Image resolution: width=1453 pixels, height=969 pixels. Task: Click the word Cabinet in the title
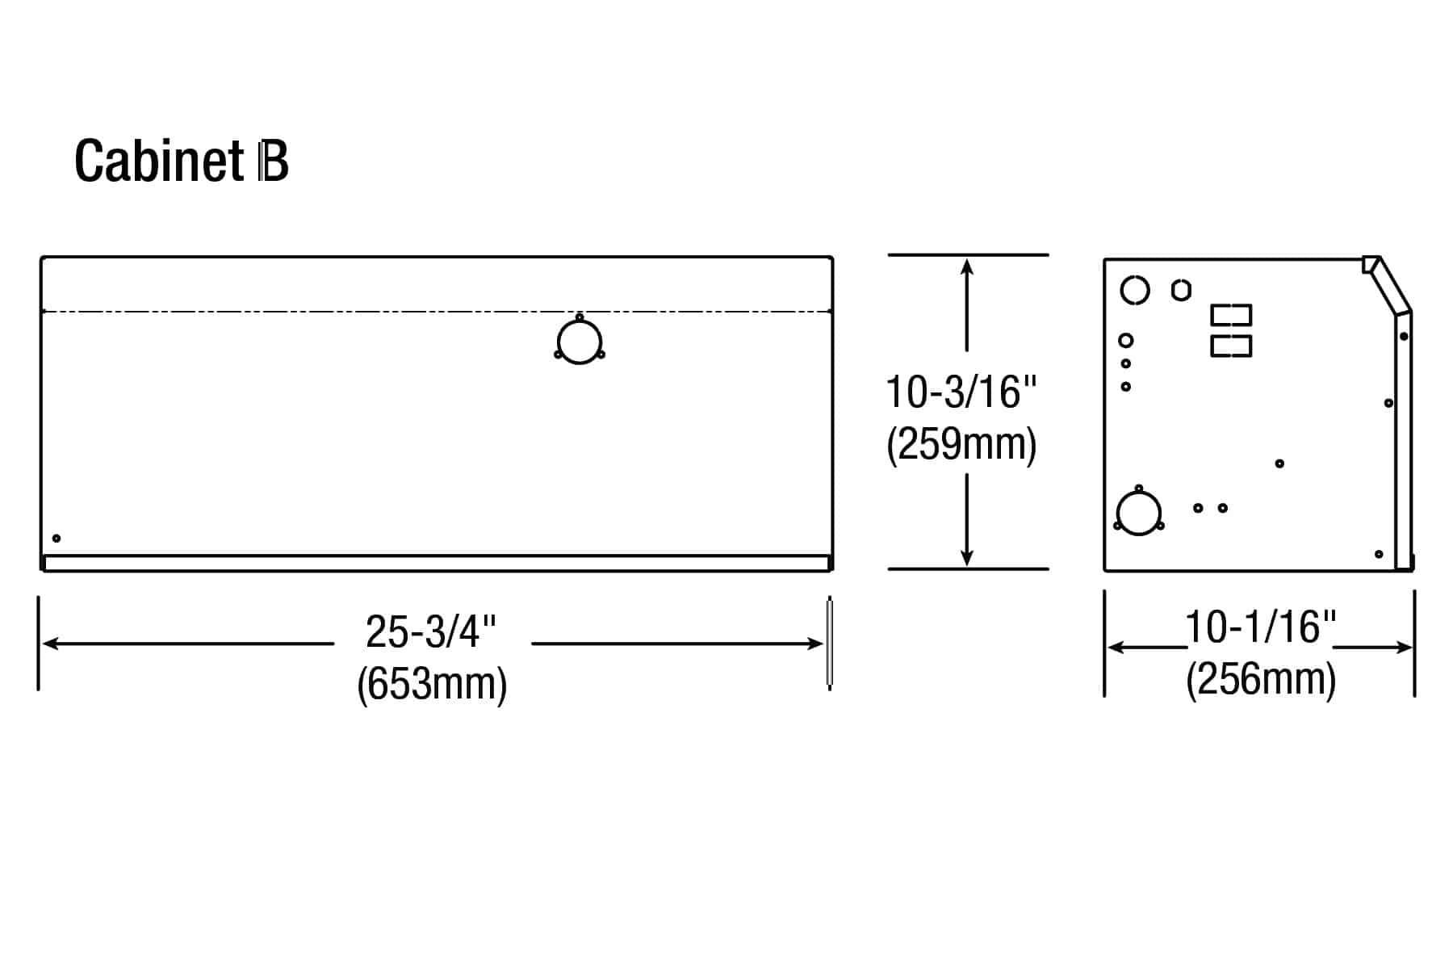159,161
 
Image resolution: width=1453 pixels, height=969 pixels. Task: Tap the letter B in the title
273,161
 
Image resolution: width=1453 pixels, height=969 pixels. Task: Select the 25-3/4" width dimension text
431,631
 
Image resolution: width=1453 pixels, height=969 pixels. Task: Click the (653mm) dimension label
432,684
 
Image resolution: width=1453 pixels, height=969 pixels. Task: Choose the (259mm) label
961,444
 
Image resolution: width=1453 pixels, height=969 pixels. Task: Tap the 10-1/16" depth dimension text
1261,627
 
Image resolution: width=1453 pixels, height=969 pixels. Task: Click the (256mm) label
1261,679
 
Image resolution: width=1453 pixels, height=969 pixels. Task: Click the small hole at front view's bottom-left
57,539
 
